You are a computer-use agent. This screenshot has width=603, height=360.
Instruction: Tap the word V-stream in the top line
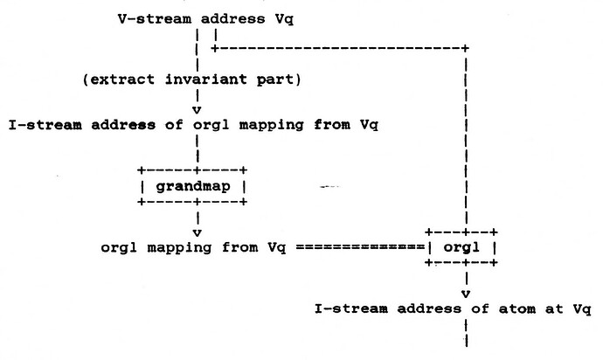click(x=147, y=17)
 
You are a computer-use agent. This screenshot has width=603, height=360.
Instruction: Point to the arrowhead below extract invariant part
click(x=198, y=109)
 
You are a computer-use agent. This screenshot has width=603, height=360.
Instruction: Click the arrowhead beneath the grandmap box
click(x=198, y=232)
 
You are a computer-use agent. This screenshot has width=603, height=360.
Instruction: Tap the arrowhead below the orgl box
click(x=466, y=293)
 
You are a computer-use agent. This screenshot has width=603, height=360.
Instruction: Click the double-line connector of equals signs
click(x=359, y=247)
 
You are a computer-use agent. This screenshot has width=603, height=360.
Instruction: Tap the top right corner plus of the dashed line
click(x=466, y=47)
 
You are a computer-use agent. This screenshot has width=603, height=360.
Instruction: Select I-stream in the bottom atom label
click(x=345, y=309)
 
